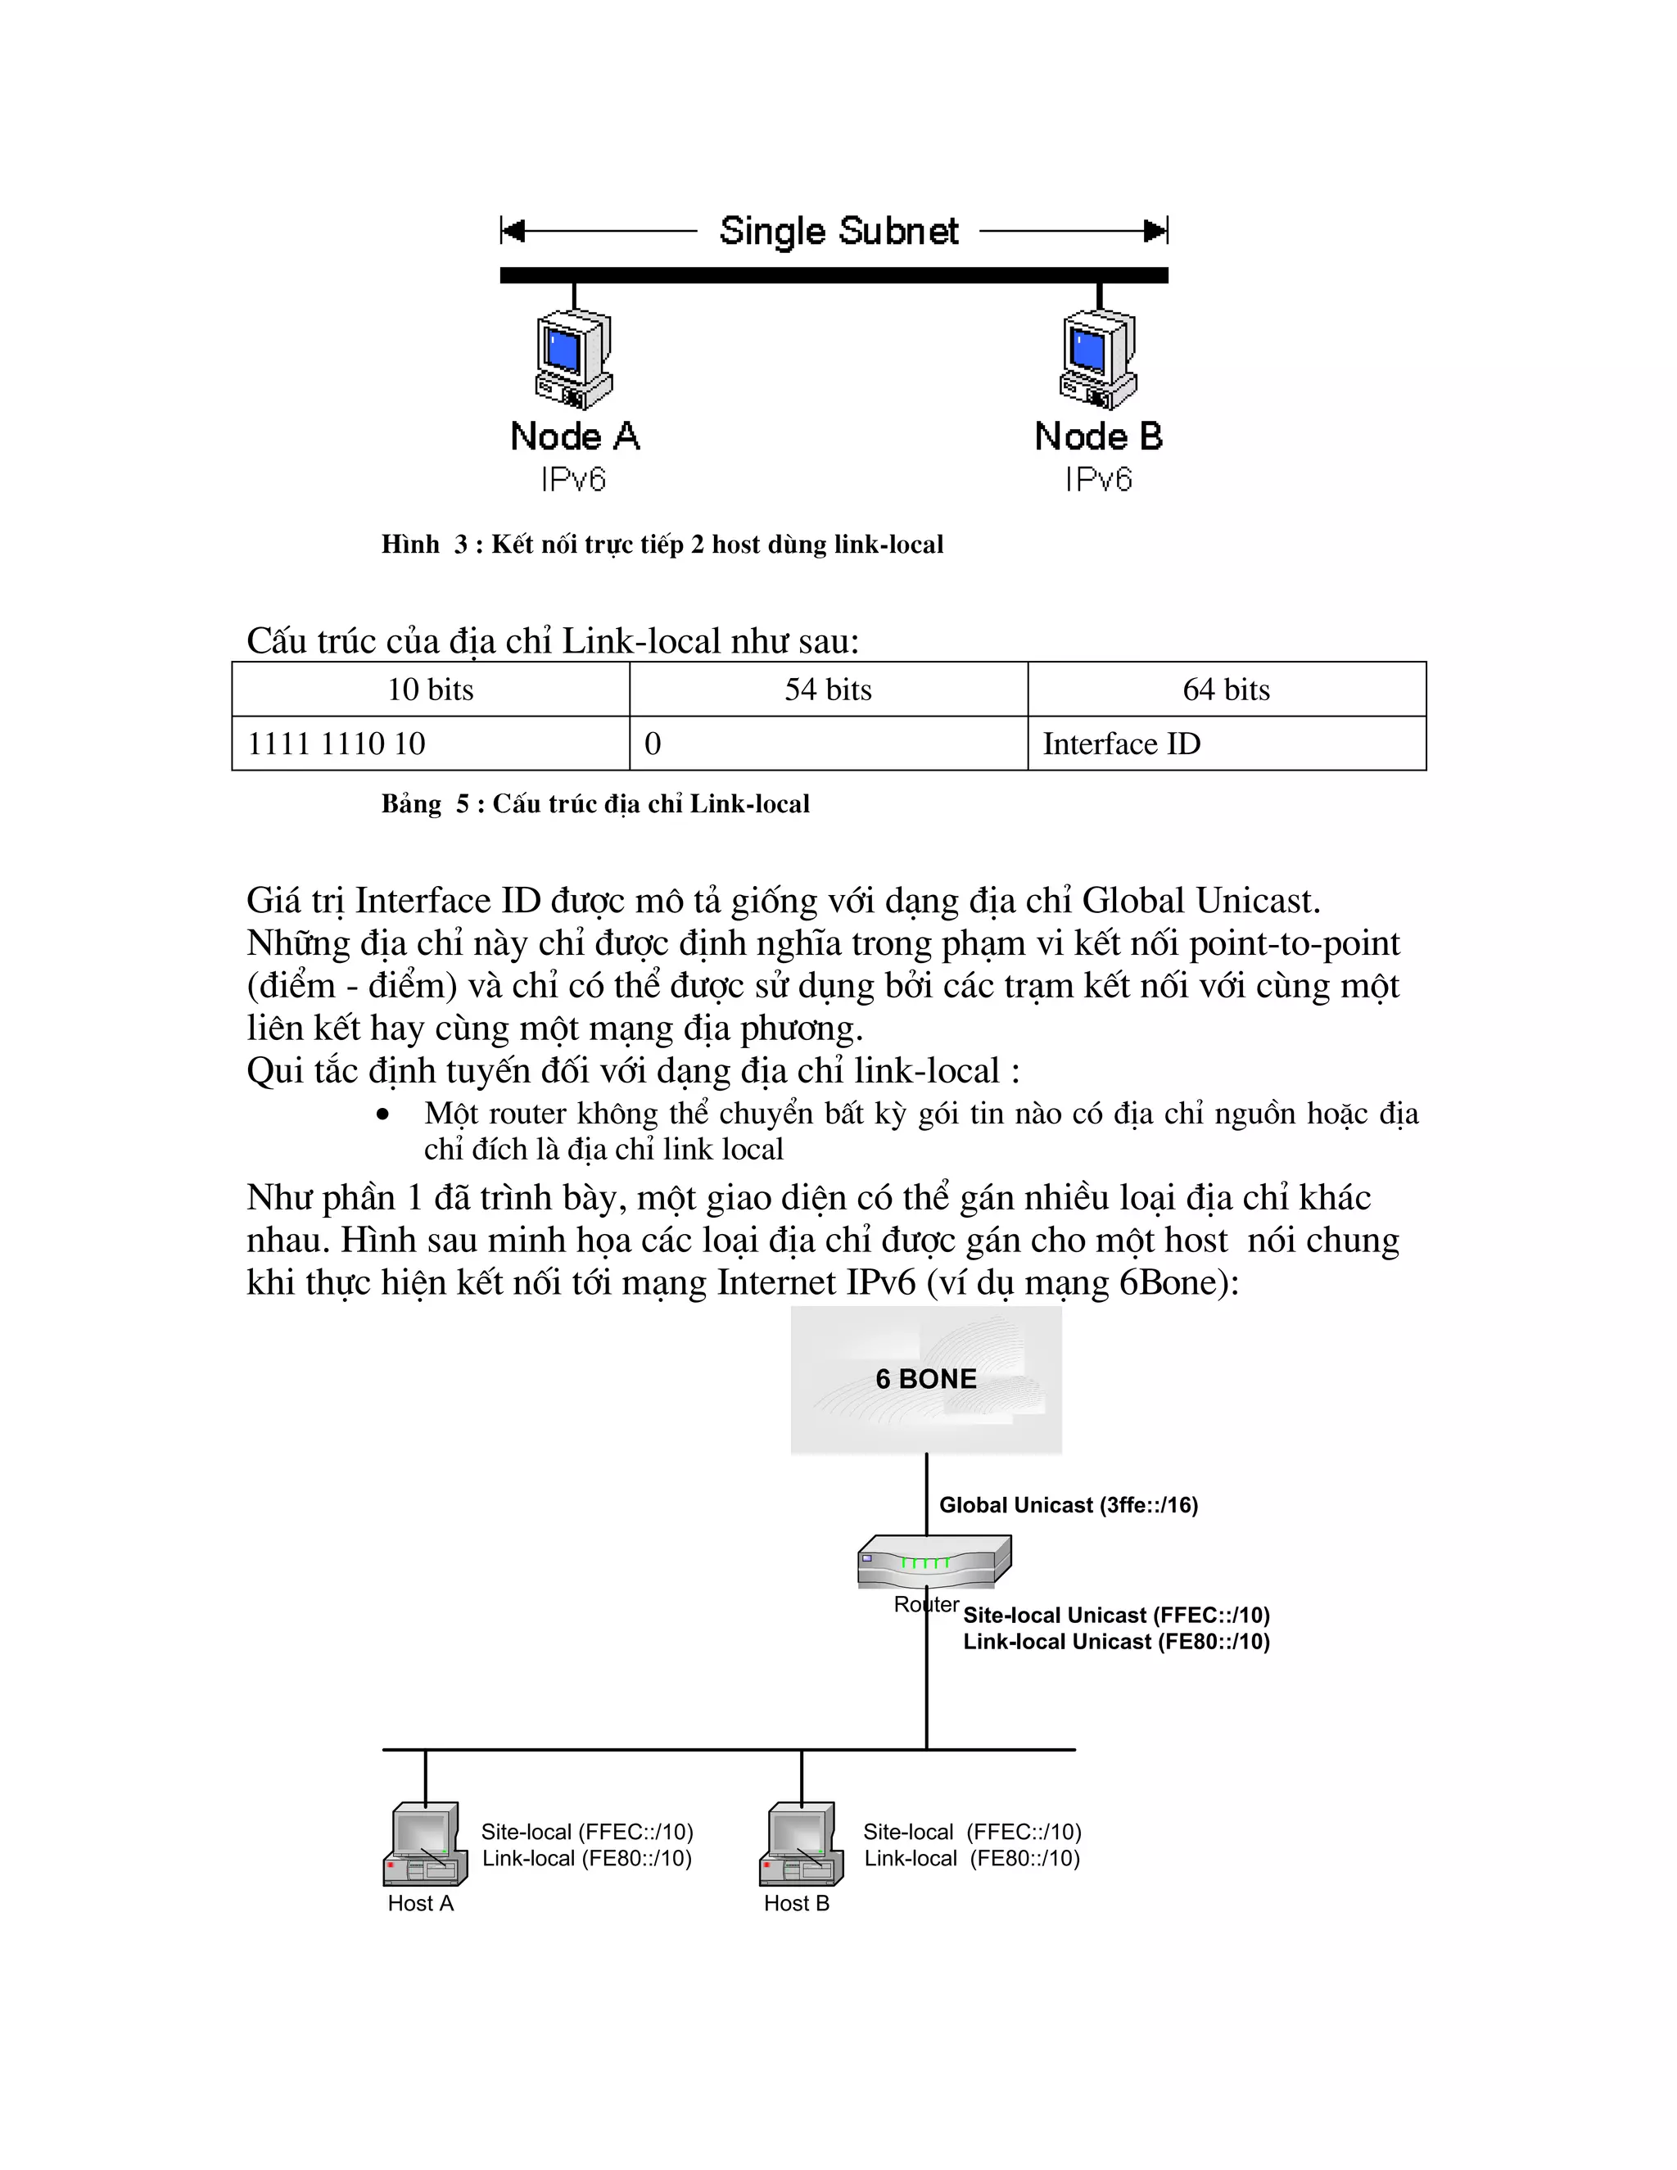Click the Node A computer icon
pyautogui.click(x=573, y=359)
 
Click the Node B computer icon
pyautogui.click(x=1098, y=359)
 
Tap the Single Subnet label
pyautogui.click(x=838, y=231)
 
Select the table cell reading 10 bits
pyautogui.click(x=430, y=689)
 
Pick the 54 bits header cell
pyautogui.click(x=828, y=689)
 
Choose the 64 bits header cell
pyautogui.click(x=1226, y=689)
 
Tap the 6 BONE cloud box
pyautogui.click(x=926, y=1379)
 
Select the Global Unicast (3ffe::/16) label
pyautogui.click(x=1068, y=1505)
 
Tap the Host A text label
pyautogui.click(x=420, y=1903)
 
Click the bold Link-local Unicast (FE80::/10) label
pyautogui.click(x=1116, y=1641)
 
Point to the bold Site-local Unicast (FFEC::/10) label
pyautogui.click(x=1116, y=1615)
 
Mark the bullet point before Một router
pyautogui.click(x=382, y=1114)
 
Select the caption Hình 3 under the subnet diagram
pyautogui.click(x=662, y=544)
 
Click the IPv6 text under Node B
pyautogui.click(x=1098, y=480)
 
